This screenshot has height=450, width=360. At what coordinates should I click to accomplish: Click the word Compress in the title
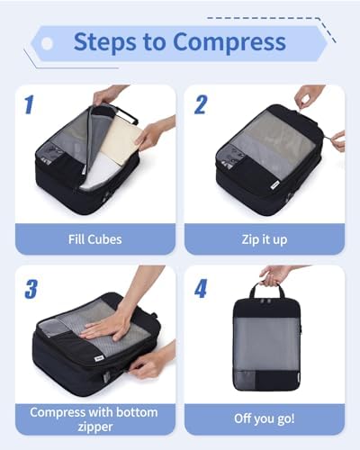229,42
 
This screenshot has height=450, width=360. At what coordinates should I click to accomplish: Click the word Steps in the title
104,42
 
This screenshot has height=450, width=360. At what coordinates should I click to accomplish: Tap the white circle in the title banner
47,43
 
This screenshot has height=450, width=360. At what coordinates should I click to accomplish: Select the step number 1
29,104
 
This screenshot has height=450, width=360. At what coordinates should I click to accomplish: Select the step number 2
201,104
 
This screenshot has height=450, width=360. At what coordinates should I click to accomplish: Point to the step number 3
31,289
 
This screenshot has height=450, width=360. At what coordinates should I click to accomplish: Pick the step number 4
201,288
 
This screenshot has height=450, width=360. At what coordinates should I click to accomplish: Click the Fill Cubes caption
95,239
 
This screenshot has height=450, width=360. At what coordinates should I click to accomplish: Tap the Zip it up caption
265,239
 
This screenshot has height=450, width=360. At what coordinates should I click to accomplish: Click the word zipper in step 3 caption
95,427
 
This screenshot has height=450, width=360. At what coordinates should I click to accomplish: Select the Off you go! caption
265,418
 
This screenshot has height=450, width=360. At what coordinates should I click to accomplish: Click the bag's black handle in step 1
126,114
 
